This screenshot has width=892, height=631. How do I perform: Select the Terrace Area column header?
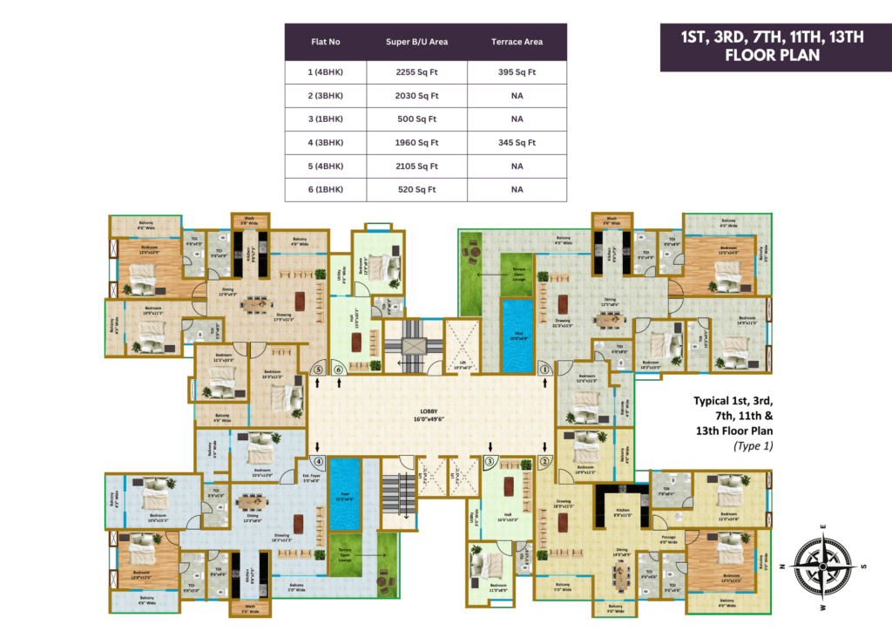[517, 42]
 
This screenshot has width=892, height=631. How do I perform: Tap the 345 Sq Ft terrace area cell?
[517, 142]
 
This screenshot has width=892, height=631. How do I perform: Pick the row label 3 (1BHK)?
[328, 119]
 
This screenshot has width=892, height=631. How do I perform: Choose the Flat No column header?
[328, 42]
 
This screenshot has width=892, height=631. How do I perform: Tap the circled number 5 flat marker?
[319, 370]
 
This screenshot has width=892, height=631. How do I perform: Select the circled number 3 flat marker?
[490, 460]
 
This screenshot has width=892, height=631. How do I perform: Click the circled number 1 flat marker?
[545, 370]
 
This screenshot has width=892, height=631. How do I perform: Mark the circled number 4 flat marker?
[319, 461]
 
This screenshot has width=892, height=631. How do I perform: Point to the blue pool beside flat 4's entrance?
[346, 494]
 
